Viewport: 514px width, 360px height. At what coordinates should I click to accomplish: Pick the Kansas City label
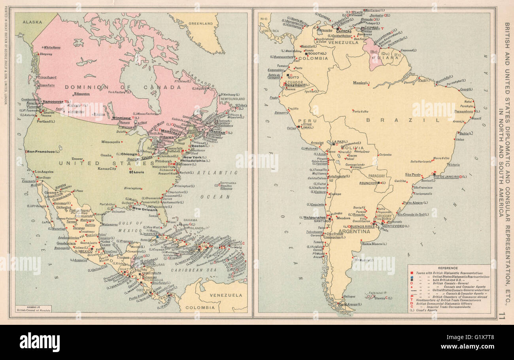click(x=107, y=169)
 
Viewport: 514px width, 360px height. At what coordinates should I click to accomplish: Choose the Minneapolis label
click(x=111, y=142)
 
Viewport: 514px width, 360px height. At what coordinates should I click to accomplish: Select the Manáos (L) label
click(x=362, y=83)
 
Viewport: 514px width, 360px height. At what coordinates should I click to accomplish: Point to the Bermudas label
click(x=229, y=183)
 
